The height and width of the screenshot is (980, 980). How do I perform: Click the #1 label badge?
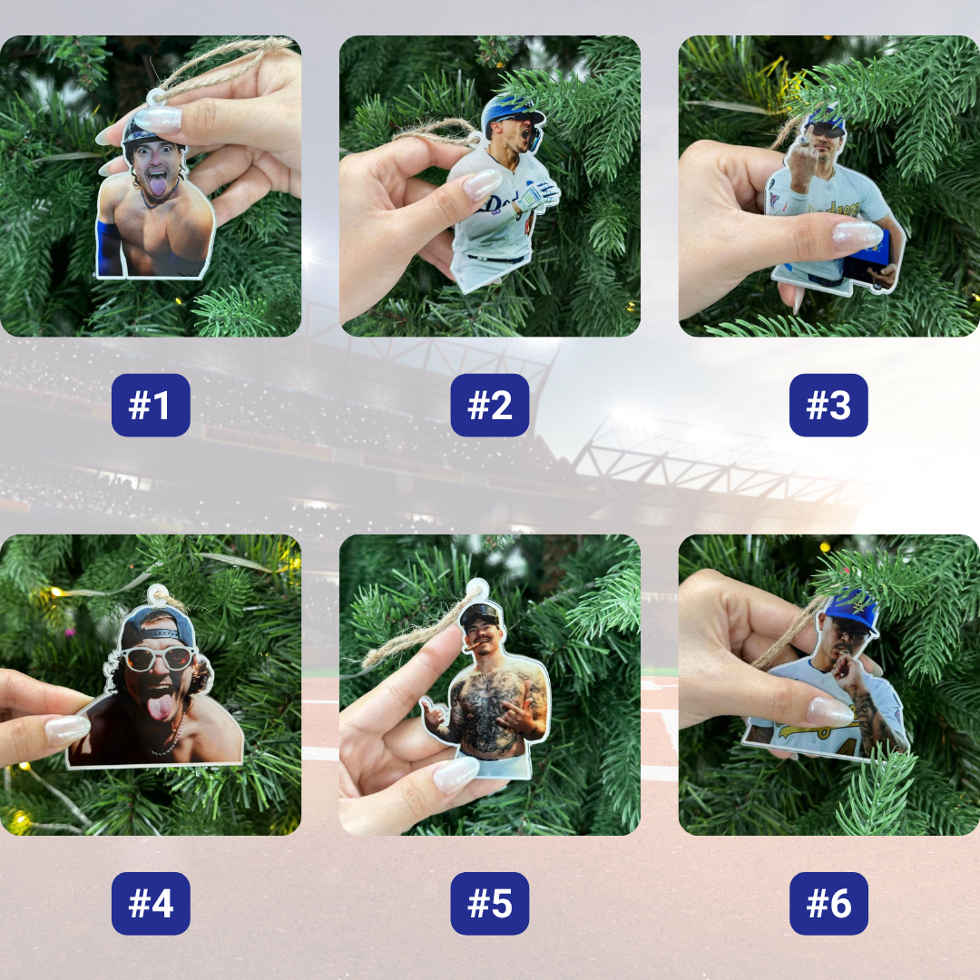151,405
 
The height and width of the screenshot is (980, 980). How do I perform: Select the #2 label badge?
490,405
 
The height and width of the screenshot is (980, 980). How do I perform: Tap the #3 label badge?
828,405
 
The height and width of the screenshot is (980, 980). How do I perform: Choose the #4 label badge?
151,903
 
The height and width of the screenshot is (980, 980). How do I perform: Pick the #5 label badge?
490,903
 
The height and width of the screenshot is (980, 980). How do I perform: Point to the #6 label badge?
828,903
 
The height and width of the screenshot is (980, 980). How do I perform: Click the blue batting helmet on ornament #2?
510,112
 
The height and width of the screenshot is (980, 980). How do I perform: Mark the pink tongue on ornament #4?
161,706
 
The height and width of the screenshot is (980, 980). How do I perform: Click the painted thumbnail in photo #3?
857,236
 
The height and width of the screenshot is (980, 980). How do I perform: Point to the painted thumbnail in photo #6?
830,711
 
